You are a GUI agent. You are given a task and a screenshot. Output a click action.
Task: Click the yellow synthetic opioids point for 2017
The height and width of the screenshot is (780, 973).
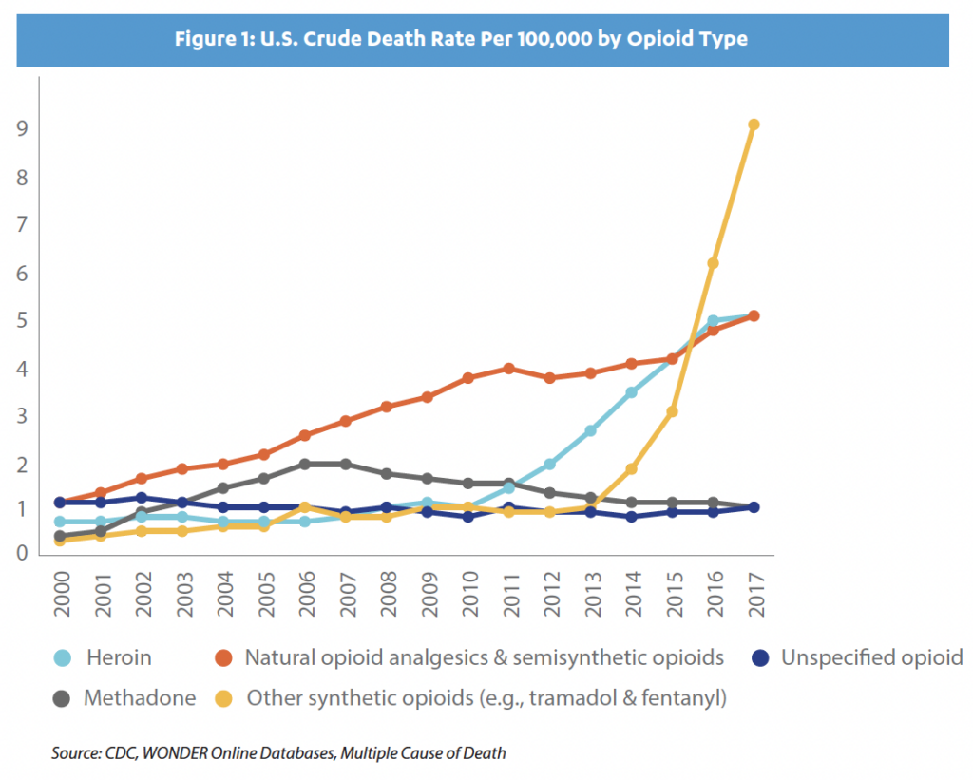(754, 124)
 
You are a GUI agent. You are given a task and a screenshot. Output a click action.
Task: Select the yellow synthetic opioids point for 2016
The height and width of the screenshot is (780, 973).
(713, 263)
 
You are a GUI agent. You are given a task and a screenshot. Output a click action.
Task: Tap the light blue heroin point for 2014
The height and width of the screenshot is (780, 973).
(631, 391)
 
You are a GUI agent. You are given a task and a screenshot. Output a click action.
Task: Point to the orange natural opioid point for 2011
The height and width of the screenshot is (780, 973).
(508, 368)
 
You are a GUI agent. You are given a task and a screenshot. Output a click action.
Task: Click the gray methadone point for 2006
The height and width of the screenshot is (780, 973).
(304, 464)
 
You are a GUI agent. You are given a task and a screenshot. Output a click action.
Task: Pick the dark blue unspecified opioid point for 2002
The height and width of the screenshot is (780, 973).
(141, 497)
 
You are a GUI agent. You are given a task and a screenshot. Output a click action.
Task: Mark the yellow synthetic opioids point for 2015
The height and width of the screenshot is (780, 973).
(672, 411)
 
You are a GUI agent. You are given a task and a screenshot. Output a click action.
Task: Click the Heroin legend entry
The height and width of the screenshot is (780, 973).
(119, 657)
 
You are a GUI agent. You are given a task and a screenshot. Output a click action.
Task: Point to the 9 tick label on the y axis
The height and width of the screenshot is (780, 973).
(18, 127)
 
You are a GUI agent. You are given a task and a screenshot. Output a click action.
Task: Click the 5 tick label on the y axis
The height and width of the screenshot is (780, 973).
(18, 320)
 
